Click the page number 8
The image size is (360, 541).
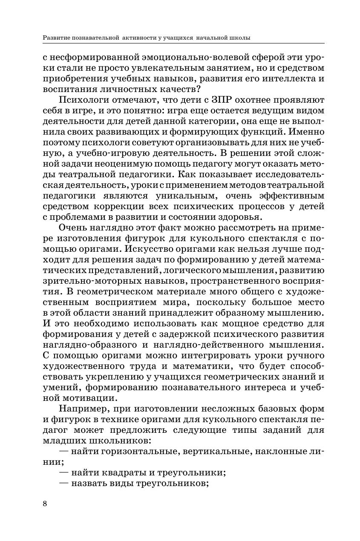[45, 504]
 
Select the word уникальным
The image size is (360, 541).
[193, 196]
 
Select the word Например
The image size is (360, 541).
[80, 409]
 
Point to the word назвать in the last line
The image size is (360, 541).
[86, 483]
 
